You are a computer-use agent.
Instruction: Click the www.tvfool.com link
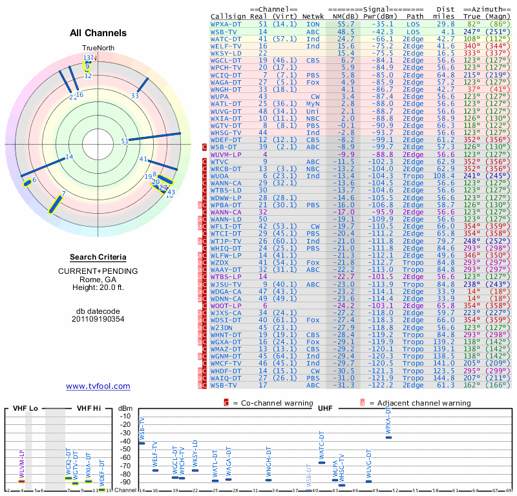pyautogui.click(x=98, y=386)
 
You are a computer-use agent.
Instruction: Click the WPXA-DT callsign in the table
pyautogui.click(x=227, y=24)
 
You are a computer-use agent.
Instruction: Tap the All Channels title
pyautogui.click(x=98, y=33)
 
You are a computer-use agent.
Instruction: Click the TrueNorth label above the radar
pyautogui.click(x=97, y=48)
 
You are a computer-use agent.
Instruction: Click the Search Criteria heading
pyautogui.click(x=98, y=257)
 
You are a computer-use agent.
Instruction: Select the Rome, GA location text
pyautogui.click(x=98, y=279)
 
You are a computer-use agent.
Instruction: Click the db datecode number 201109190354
pyautogui.click(x=98, y=318)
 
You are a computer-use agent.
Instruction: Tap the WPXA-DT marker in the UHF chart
pyautogui.click(x=388, y=437)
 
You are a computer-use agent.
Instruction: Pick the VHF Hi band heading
pyautogui.click(x=89, y=408)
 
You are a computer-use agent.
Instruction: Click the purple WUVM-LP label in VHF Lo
pyautogui.click(x=21, y=464)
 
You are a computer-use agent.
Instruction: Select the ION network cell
pyautogui.click(x=313, y=24)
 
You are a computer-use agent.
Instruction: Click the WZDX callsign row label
pyautogui.click(x=220, y=262)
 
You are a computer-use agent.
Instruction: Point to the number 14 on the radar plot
pyautogui.click(x=69, y=157)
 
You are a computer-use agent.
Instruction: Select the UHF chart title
pyautogui.click(x=325, y=408)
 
